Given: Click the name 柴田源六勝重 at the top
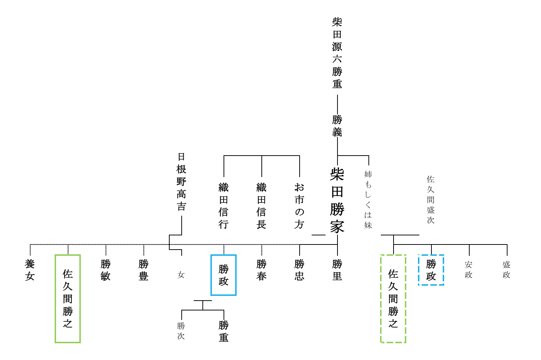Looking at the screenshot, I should (x=337, y=53).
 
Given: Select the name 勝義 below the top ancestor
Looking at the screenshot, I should (x=337, y=126).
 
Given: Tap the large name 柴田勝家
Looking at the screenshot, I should (x=337, y=201).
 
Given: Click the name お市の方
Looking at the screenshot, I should (x=299, y=206).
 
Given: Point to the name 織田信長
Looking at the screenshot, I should (x=261, y=206).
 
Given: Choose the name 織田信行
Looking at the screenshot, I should (x=224, y=206).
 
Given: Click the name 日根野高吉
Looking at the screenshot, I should (x=181, y=182).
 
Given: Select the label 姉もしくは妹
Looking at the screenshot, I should (x=368, y=200).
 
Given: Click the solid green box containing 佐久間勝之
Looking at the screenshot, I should (x=68, y=298).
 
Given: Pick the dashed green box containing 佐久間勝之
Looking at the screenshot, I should (x=393, y=298).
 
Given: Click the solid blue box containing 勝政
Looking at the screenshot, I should (x=224, y=275).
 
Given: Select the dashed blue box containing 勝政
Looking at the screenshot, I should (x=431, y=270).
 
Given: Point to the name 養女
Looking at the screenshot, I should (x=30, y=270).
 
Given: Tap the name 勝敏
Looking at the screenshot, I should (x=106, y=270).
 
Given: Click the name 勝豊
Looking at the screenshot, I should (x=143, y=270).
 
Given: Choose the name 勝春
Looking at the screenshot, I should (x=261, y=270).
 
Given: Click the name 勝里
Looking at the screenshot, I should (x=337, y=270).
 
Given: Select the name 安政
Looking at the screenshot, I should (x=469, y=270).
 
